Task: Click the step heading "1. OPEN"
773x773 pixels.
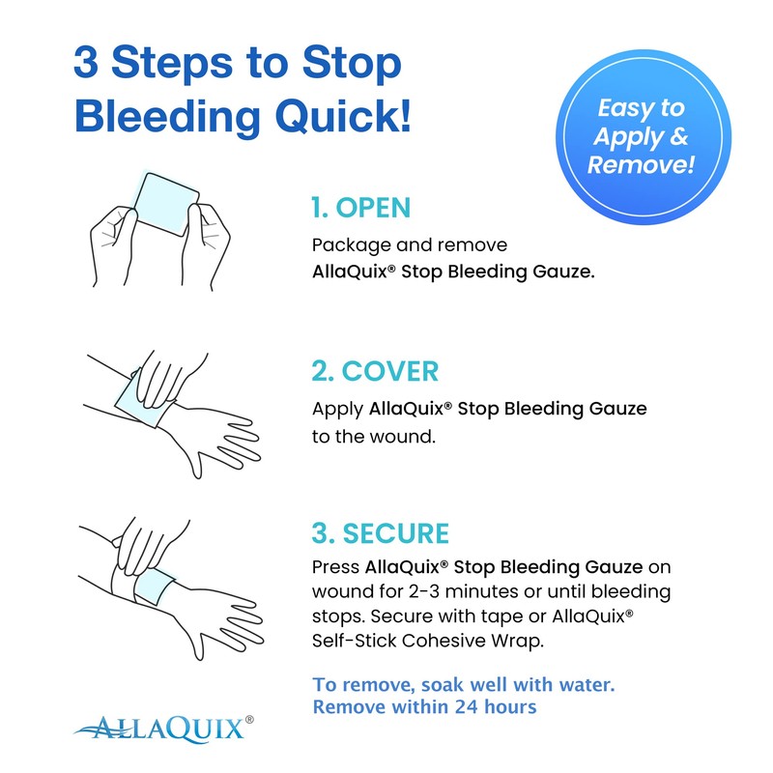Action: pyautogui.click(x=360, y=207)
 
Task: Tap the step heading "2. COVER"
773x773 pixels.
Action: pyautogui.click(x=375, y=370)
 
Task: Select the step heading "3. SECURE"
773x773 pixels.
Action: pyautogui.click(x=381, y=532)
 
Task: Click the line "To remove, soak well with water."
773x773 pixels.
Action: pyautogui.click(x=464, y=684)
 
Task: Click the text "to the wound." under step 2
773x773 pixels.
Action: pyautogui.click(x=374, y=436)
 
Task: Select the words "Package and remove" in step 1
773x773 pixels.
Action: pyautogui.click(x=409, y=245)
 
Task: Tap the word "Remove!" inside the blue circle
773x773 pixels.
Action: pyautogui.click(x=641, y=164)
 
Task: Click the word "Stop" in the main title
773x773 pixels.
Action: pyautogui.click(x=350, y=64)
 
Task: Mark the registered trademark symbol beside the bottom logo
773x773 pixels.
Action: pyautogui.click(x=249, y=719)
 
